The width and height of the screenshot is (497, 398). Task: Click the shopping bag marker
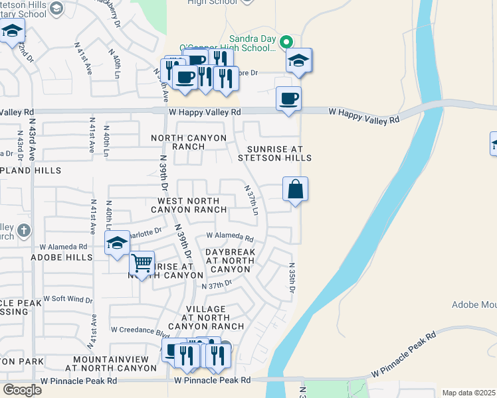click(295, 190)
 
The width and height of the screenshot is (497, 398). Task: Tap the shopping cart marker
click(142, 264)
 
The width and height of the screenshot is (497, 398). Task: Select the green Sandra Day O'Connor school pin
click(286, 42)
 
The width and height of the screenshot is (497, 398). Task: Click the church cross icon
click(23, 231)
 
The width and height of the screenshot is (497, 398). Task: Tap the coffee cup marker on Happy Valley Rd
click(288, 99)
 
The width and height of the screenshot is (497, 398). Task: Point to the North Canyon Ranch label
click(189, 142)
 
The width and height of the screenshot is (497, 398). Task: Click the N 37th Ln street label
click(252, 200)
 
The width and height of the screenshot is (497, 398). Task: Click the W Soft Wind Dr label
click(68, 299)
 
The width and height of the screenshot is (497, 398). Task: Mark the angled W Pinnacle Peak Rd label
click(404, 355)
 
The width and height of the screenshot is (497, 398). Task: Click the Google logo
click(22, 390)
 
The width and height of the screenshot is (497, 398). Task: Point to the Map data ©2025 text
click(468, 393)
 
